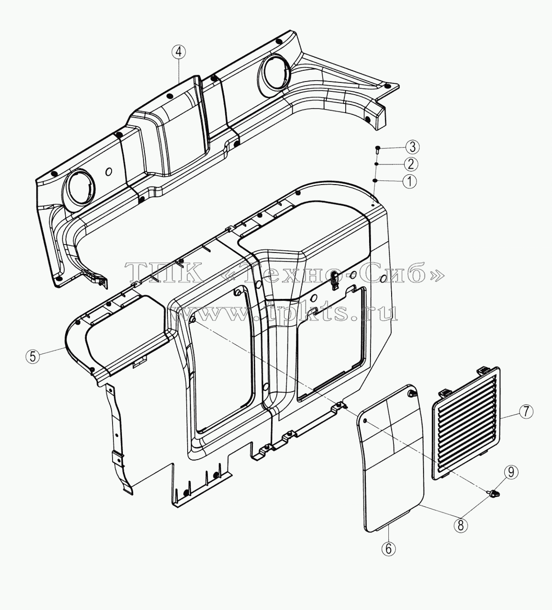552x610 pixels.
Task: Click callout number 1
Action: coord(409,181)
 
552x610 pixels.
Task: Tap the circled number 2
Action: coord(411,164)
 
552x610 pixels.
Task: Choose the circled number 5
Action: coord(33,356)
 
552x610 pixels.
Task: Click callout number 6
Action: coord(389,549)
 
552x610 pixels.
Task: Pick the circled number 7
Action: coord(526,412)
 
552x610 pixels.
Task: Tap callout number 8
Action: coord(461,525)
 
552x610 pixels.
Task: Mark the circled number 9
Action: coord(511,481)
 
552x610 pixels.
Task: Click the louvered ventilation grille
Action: coord(466,423)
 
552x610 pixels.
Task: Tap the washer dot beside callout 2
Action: coord(377,164)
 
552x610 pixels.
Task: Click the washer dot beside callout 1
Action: coord(375,181)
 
